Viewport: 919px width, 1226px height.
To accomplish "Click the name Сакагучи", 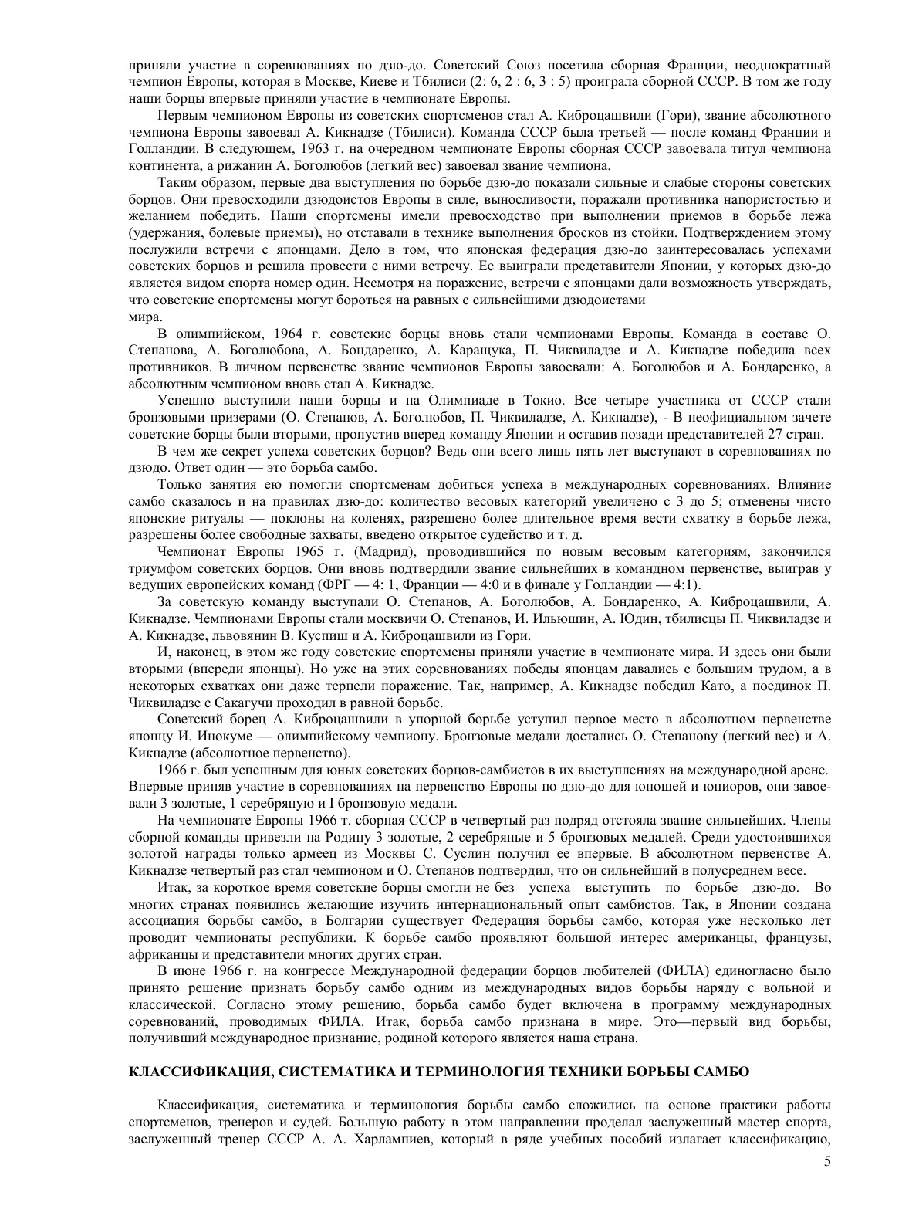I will click(235, 703).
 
